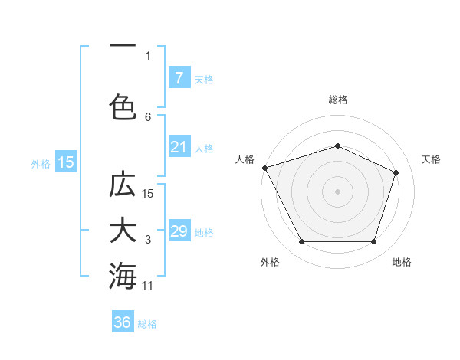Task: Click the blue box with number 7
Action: (x=179, y=78)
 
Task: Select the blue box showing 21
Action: (x=179, y=147)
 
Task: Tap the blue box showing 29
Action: (x=179, y=231)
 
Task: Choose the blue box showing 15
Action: (x=66, y=162)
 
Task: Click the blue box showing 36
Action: (x=123, y=322)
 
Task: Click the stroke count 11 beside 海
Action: (x=148, y=286)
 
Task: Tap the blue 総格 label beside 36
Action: (x=147, y=324)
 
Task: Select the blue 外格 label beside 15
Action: (x=41, y=163)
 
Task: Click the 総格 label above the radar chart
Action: (x=337, y=100)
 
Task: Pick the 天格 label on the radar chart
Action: (x=431, y=159)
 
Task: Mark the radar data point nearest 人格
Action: (x=264, y=168)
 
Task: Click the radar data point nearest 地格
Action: (x=373, y=242)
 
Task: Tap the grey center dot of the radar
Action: (x=337, y=191)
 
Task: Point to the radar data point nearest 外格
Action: (x=301, y=242)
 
